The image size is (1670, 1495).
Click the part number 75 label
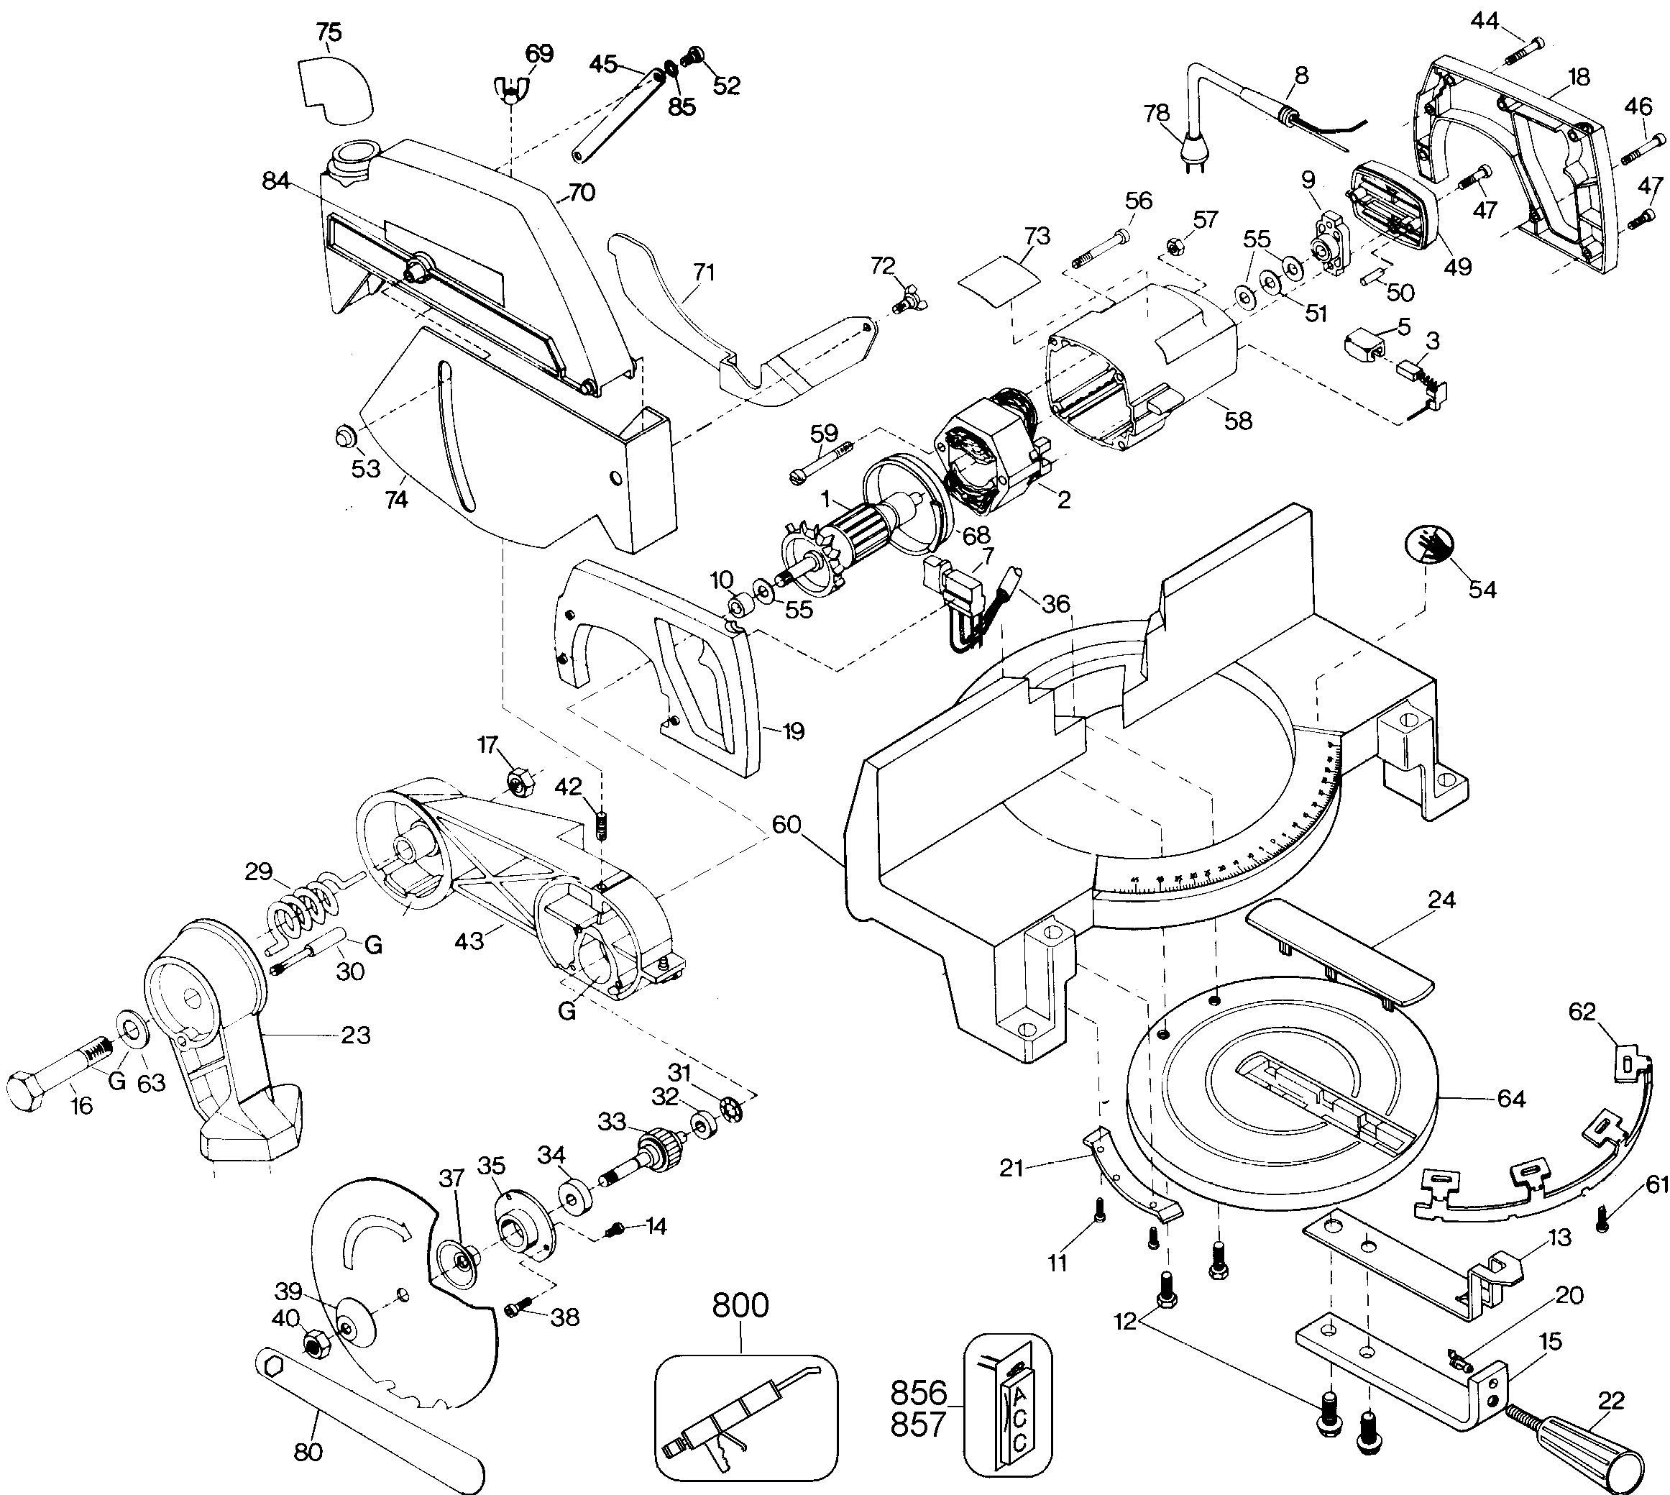(x=329, y=32)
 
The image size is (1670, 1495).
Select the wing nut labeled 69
(x=510, y=88)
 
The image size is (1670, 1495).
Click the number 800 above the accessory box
(x=740, y=1305)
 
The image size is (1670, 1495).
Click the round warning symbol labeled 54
(x=1428, y=544)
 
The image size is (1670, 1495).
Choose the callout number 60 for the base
(x=786, y=825)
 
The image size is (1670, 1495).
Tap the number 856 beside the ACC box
(x=919, y=1393)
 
